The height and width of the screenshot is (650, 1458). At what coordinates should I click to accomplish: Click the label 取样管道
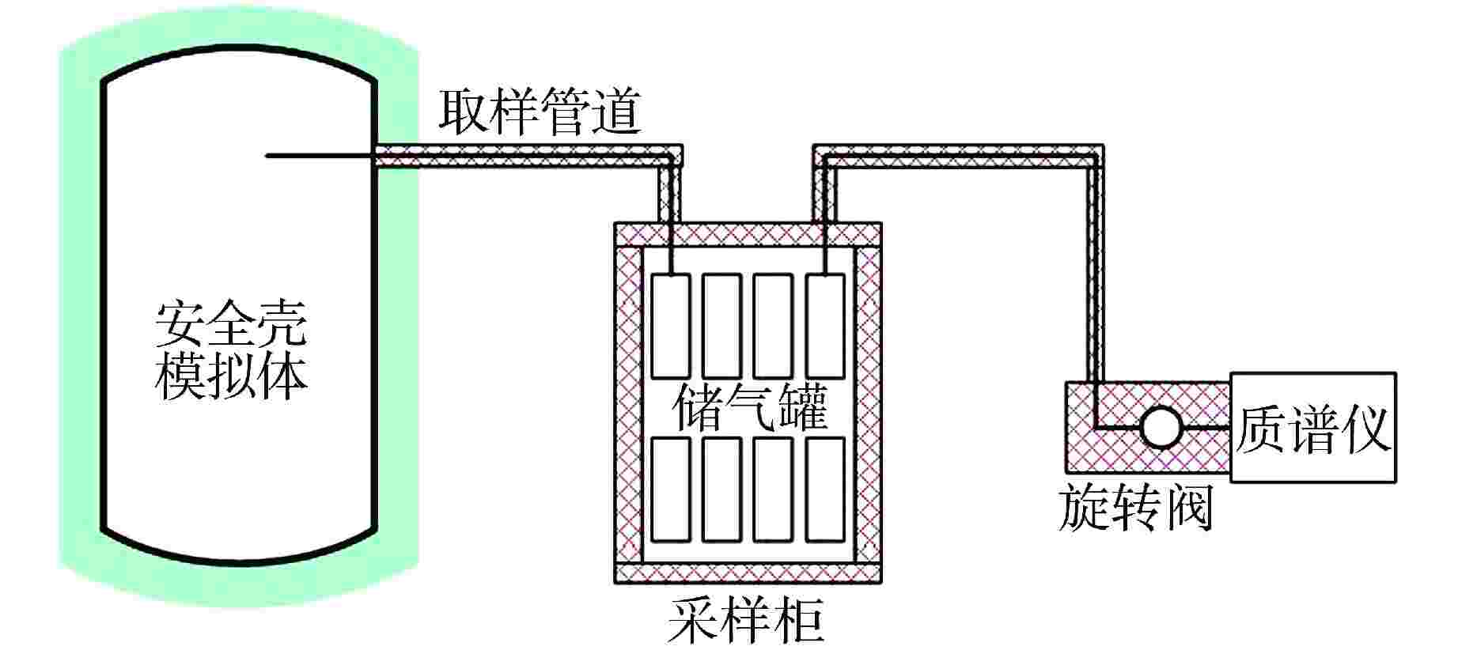(540, 112)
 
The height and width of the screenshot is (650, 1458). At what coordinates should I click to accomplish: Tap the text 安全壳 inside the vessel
(230, 323)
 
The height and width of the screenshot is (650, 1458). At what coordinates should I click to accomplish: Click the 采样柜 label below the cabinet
(745, 622)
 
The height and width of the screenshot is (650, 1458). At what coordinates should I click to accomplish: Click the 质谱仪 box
(1312, 428)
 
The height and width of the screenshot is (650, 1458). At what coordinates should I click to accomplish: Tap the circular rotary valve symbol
(1161, 428)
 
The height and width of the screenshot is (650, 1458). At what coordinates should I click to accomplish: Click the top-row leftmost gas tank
(671, 326)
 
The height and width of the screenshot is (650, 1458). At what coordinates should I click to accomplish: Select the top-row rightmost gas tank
(825, 326)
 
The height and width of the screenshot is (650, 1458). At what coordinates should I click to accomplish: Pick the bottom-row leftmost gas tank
(671, 489)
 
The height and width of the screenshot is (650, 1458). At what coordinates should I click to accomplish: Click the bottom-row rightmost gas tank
(825, 489)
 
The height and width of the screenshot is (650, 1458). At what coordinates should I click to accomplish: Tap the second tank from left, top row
(721, 326)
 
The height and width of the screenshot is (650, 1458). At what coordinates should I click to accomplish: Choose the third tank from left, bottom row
(773, 489)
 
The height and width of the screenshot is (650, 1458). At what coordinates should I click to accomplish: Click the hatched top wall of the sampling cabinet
(748, 234)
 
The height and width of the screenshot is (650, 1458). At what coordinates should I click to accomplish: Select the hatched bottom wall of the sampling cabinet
(748, 573)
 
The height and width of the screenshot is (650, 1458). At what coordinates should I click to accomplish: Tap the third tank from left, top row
(773, 326)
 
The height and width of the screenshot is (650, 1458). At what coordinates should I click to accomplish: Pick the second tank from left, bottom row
(721, 489)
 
